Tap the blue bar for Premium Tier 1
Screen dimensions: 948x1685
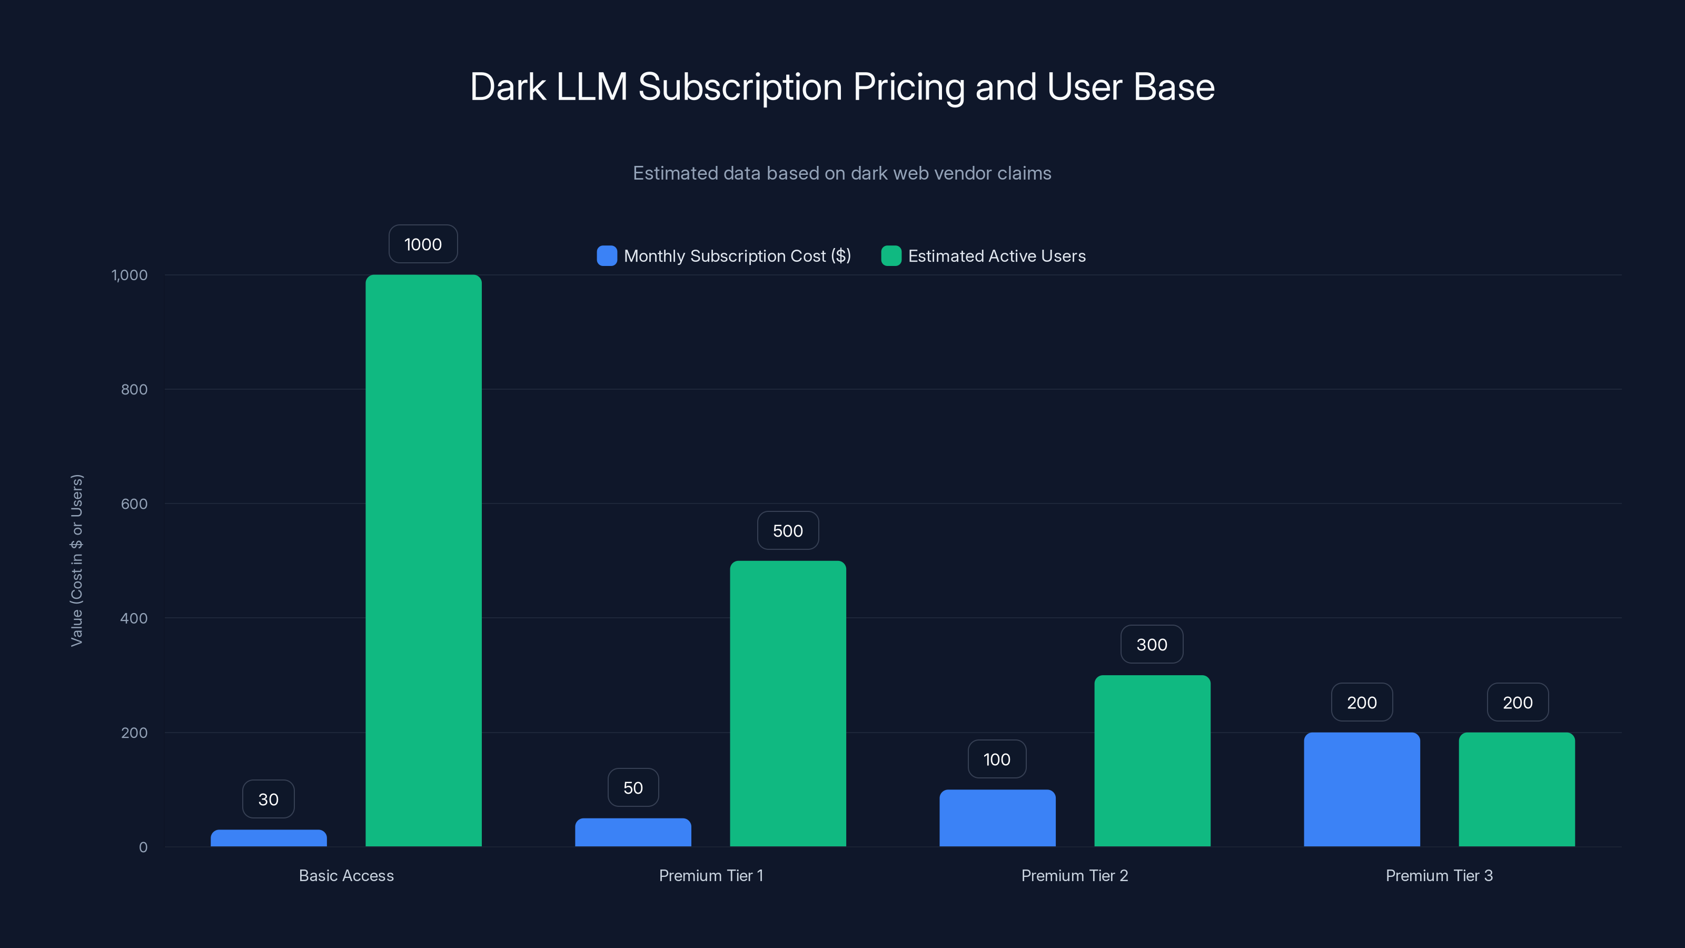(x=632, y=832)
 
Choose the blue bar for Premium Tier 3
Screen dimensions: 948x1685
(x=1361, y=789)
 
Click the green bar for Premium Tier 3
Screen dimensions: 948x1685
(x=1517, y=789)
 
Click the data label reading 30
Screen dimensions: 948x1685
(x=268, y=799)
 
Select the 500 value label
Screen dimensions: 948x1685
(x=788, y=530)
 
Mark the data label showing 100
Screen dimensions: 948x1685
(x=996, y=759)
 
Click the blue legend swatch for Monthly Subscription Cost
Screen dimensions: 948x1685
(x=607, y=256)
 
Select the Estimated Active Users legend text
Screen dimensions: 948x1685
(x=996, y=256)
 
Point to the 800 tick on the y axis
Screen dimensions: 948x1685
(x=134, y=389)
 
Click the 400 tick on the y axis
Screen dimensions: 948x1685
(x=134, y=618)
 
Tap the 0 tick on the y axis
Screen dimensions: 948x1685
(x=143, y=847)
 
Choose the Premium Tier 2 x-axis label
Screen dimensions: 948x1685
(x=1074, y=875)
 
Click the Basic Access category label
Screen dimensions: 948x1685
(x=346, y=875)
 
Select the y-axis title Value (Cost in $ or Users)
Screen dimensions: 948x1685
(x=76, y=560)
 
